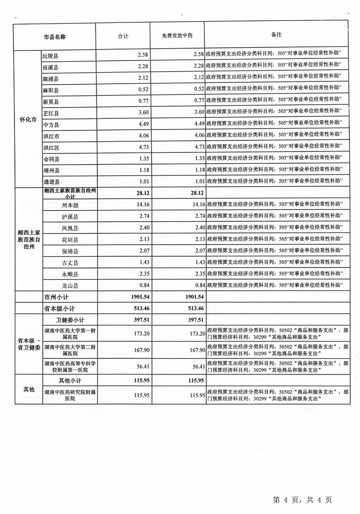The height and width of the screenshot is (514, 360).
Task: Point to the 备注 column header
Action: click(276, 35)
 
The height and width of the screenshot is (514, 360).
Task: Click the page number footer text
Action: click(302, 500)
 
